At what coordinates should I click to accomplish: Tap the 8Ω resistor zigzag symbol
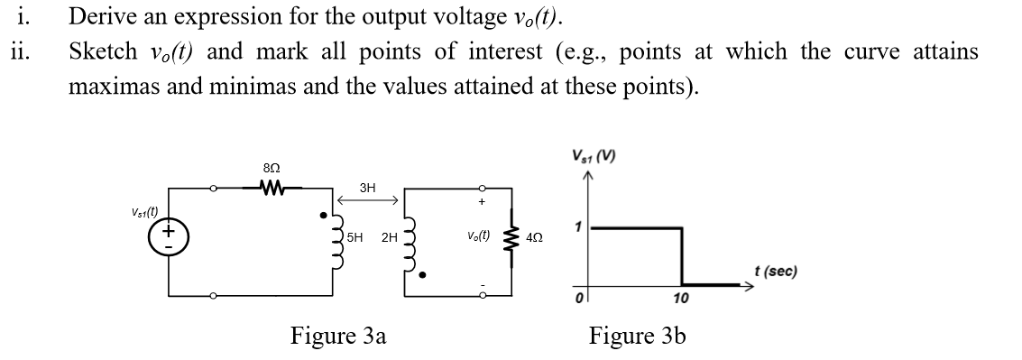272,189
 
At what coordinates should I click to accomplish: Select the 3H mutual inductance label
366,189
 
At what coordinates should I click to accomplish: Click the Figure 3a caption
338,337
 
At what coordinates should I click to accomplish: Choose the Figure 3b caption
637,337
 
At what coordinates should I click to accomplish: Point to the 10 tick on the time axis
681,299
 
